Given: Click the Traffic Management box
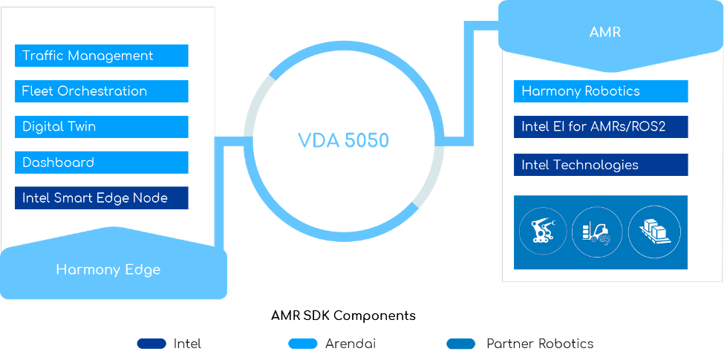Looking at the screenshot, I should [101, 56].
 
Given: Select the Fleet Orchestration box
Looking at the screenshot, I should [101, 91].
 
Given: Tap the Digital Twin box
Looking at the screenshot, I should [101, 127].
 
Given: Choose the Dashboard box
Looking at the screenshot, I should [101, 163].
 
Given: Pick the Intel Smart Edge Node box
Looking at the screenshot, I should [101, 198].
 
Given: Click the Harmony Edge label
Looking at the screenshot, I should [108, 269].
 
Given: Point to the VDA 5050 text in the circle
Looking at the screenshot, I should [344, 140].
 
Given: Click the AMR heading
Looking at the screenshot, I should [604, 32].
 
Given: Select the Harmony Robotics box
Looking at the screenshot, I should [601, 91].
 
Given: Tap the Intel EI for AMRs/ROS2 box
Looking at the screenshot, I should [601, 127].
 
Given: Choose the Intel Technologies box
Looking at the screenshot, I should [601, 165].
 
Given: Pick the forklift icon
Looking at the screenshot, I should [598, 232].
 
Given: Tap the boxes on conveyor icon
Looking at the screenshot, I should [654, 232].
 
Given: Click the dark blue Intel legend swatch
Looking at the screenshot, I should [151, 344].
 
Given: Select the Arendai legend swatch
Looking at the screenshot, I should [303, 344].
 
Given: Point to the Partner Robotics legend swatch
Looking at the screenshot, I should [460, 344].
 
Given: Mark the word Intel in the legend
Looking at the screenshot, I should [187, 344].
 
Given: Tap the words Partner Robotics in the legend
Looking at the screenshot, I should [540, 344].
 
